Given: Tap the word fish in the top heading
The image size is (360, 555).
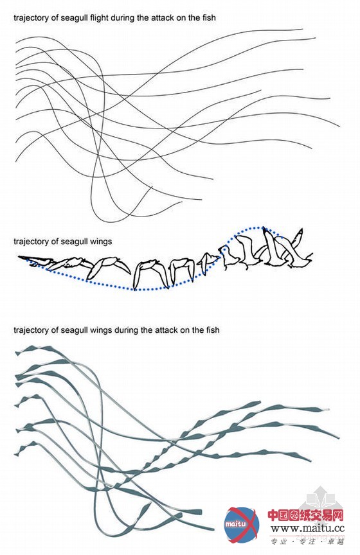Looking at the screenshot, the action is click(x=209, y=17).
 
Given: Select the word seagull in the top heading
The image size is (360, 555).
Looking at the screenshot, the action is click(x=74, y=18).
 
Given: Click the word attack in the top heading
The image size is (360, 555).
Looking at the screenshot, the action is click(x=159, y=17).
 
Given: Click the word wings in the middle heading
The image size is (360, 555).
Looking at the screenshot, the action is click(x=102, y=242).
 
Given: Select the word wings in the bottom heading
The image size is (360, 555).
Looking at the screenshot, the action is click(x=102, y=331).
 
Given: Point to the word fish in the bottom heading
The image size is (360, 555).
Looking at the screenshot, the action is click(x=213, y=330).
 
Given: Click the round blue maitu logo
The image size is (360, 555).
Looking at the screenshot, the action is click(x=242, y=525).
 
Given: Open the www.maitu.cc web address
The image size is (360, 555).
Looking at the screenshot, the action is click(x=307, y=529).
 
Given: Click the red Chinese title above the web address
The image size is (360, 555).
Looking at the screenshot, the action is click(x=305, y=515).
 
